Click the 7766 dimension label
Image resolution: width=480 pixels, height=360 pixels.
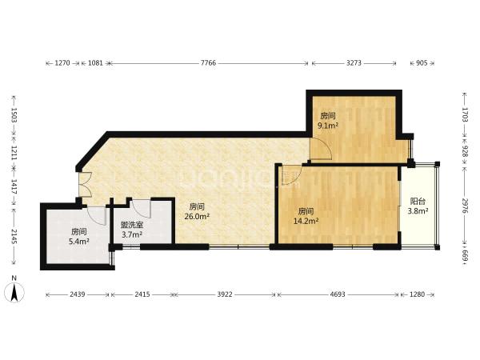(x=208, y=63)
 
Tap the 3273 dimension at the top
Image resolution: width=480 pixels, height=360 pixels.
(x=354, y=63)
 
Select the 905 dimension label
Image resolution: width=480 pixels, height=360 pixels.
(x=422, y=63)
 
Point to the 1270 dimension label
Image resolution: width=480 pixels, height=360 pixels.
(x=62, y=63)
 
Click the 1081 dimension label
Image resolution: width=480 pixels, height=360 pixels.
(x=95, y=63)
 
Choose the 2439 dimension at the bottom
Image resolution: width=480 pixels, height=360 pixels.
(x=78, y=294)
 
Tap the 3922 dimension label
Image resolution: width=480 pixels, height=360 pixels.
(x=225, y=294)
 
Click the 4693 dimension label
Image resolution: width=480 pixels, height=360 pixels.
(x=338, y=294)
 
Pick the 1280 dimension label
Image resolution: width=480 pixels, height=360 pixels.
(x=417, y=294)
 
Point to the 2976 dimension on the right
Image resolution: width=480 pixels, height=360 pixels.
(x=465, y=206)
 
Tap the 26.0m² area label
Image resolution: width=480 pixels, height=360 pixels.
(x=197, y=217)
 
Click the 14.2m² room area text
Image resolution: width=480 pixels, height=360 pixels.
(x=306, y=221)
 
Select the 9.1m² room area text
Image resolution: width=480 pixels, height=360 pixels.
(x=328, y=126)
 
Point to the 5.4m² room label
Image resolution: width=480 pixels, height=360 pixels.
(x=79, y=242)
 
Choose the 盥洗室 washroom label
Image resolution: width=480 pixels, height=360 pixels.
(x=132, y=226)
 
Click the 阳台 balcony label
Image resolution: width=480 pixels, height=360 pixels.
(x=418, y=202)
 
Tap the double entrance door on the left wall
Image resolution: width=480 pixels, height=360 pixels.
(x=85, y=184)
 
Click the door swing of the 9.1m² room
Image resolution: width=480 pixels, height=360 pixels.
(x=321, y=149)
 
